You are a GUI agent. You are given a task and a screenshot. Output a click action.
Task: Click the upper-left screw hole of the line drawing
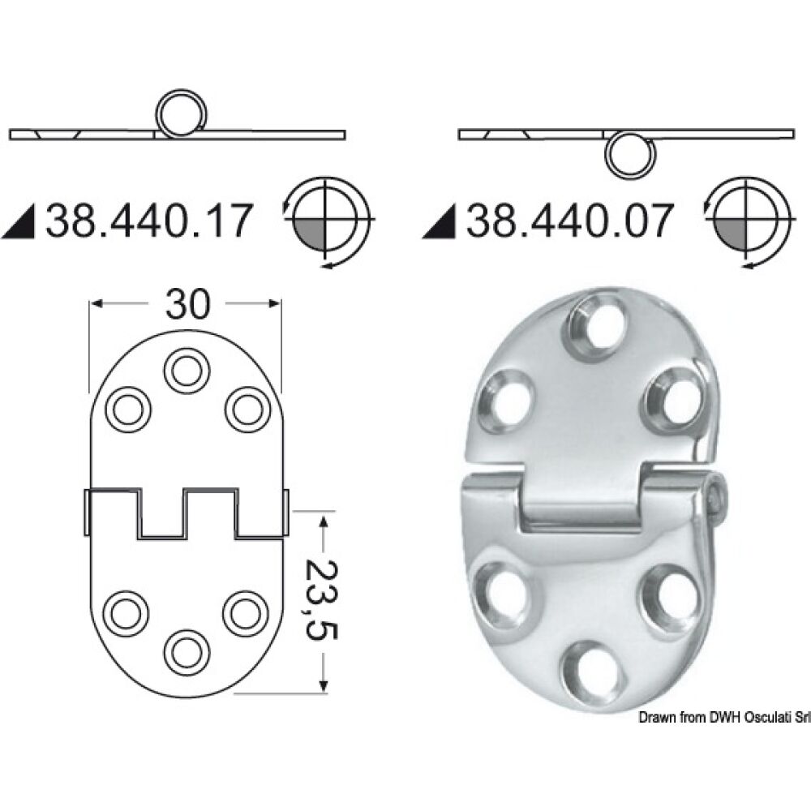pos(128,408)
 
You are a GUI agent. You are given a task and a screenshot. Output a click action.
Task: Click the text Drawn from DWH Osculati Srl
pos(725,718)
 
